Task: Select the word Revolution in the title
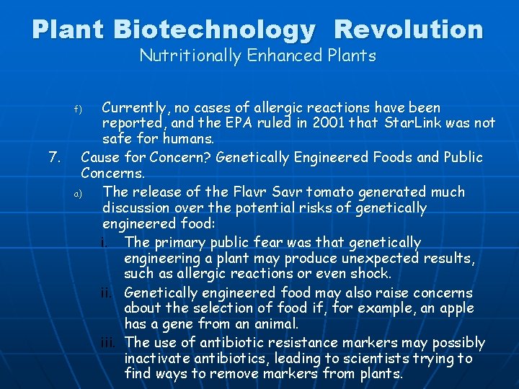coord(409,30)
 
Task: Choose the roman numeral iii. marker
coord(110,344)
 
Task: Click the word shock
coord(369,274)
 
